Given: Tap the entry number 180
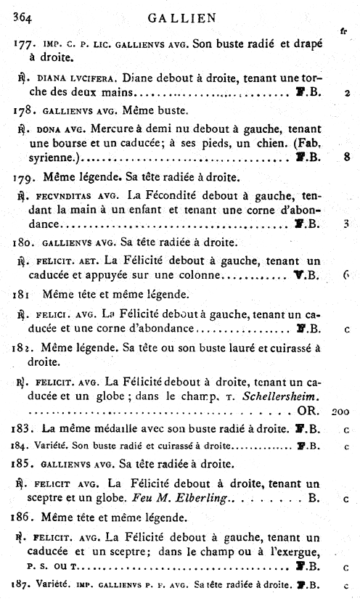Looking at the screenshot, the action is point(22,241).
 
